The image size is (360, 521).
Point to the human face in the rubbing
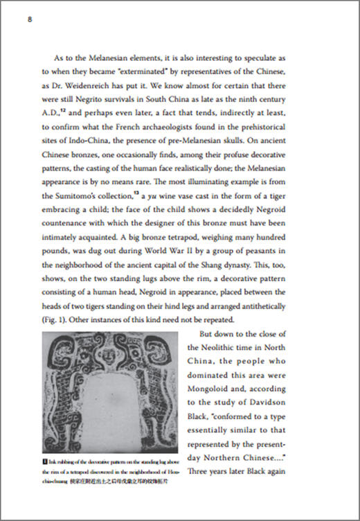pos(106,353)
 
